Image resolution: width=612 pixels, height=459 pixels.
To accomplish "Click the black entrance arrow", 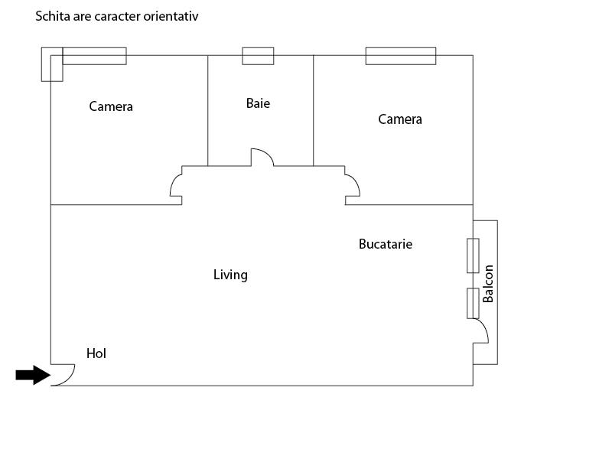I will tap(31, 375).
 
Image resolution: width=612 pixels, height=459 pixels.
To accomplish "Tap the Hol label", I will tap(96, 353).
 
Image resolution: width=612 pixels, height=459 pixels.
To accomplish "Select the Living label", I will tap(230, 275).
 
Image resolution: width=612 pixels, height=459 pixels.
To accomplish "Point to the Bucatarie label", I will tap(386, 244).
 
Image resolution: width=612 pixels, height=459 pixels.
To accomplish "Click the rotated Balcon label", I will tap(488, 283).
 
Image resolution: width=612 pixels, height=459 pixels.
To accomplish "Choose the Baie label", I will tap(258, 103).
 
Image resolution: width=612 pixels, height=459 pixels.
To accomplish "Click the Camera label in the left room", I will tap(111, 106).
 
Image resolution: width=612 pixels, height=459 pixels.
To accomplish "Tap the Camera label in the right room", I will tap(400, 119).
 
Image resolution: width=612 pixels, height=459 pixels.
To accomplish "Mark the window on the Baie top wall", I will tap(258, 56).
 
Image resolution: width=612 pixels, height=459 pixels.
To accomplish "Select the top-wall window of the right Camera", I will tap(400, 56).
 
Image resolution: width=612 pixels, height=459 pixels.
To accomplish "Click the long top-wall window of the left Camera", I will tap(94, 56).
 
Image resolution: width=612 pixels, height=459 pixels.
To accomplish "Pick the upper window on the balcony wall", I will tap(473, 256).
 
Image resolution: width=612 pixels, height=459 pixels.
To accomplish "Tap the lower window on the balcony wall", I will tap(473, 303).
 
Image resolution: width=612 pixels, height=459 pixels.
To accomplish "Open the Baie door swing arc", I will tap(262, 157).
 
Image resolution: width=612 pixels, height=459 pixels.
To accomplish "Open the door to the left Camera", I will tap(176, 185).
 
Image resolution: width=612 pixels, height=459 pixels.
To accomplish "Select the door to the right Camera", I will tap(352, 185).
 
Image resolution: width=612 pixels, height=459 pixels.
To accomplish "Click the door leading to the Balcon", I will tap(480, 331).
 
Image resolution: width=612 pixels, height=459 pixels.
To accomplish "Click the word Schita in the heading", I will tap(51, 15).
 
